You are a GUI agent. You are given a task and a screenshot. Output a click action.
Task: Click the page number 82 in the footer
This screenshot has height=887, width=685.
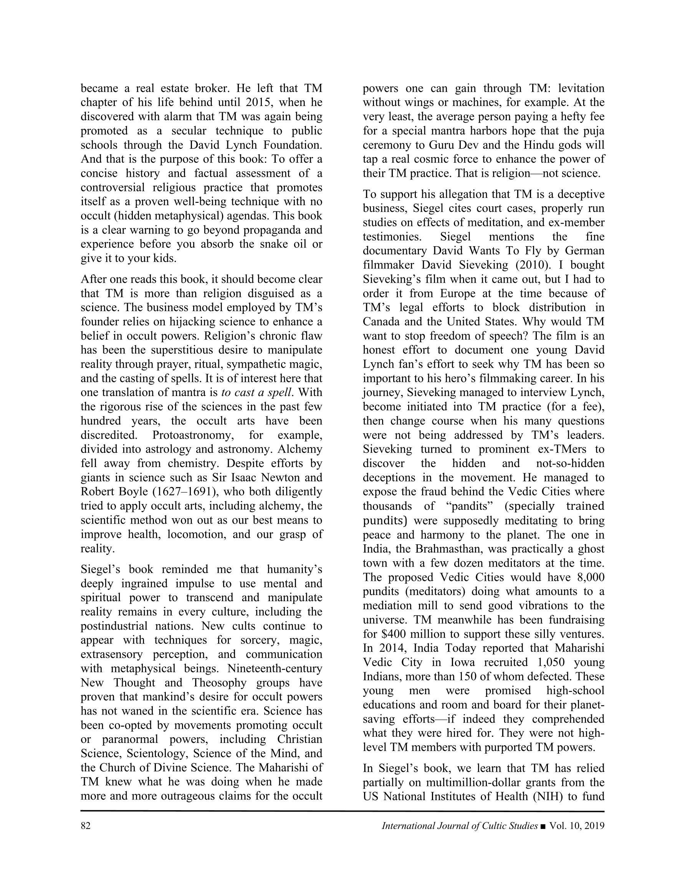pos(85,826)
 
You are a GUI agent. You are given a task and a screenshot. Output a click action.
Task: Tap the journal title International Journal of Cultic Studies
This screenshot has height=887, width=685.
pos(460,826)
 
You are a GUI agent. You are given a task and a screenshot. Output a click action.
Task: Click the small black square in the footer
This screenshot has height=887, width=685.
pos(543,826)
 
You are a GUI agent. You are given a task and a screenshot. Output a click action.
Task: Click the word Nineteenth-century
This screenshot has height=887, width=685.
pos(275,668)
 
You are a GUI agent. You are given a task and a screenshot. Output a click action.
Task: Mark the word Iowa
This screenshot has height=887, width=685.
pos(463,662)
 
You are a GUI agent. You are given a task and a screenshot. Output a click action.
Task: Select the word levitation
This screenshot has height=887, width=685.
pos(581,88)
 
